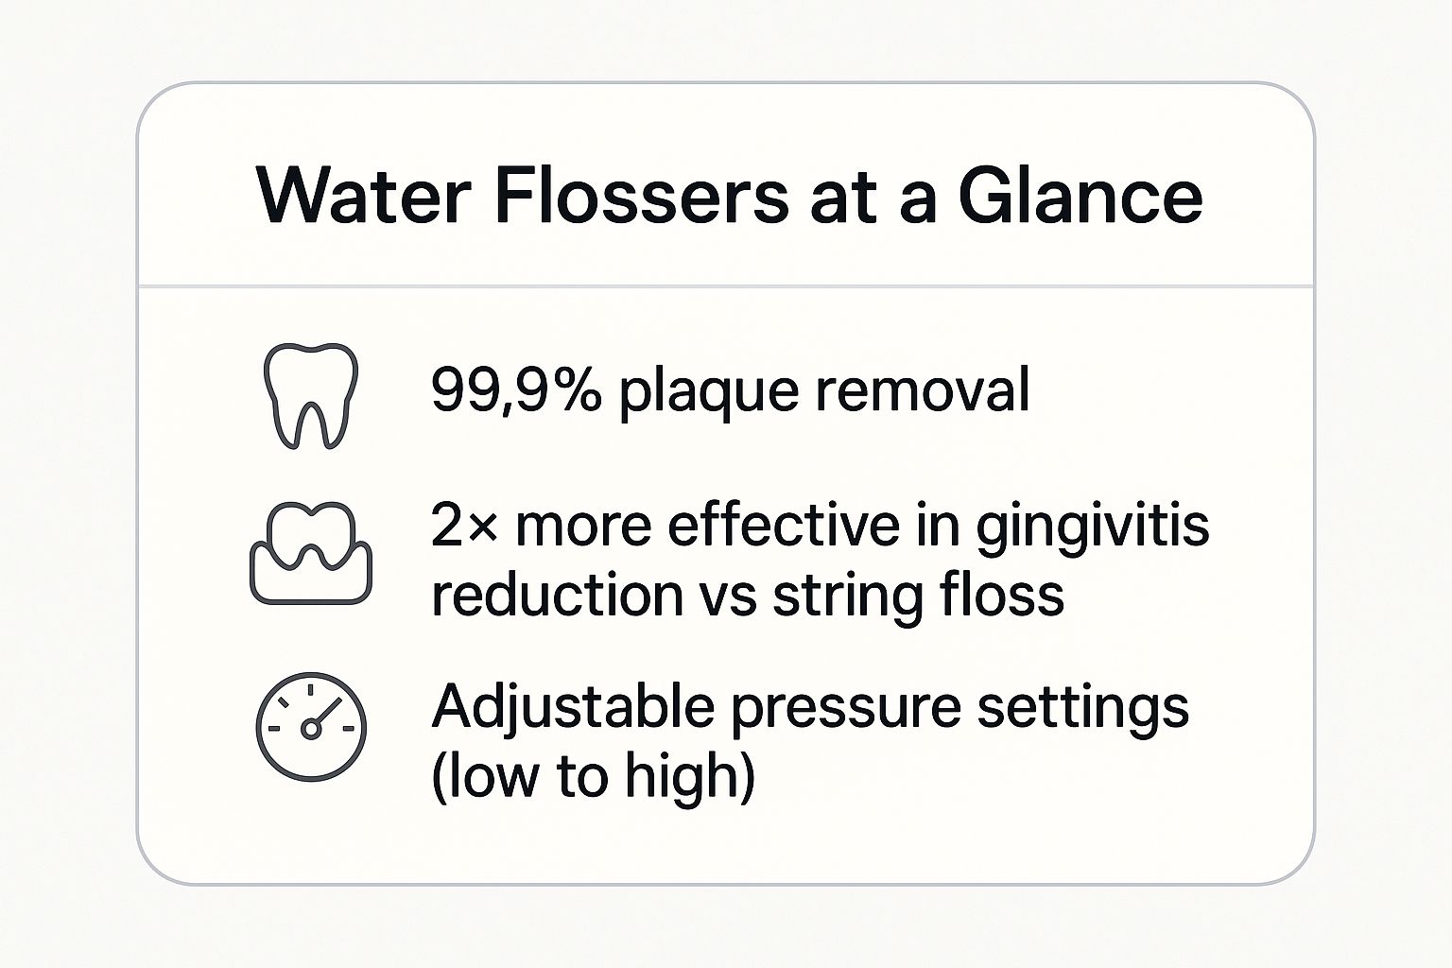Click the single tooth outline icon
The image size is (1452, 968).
coord(309,394)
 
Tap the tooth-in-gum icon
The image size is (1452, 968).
coord(310,553)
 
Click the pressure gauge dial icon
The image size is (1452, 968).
coord(311,727)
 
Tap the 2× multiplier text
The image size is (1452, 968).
coord(463,526)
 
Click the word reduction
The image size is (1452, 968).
coord(557,596)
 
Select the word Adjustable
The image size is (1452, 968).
coord(573,707)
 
